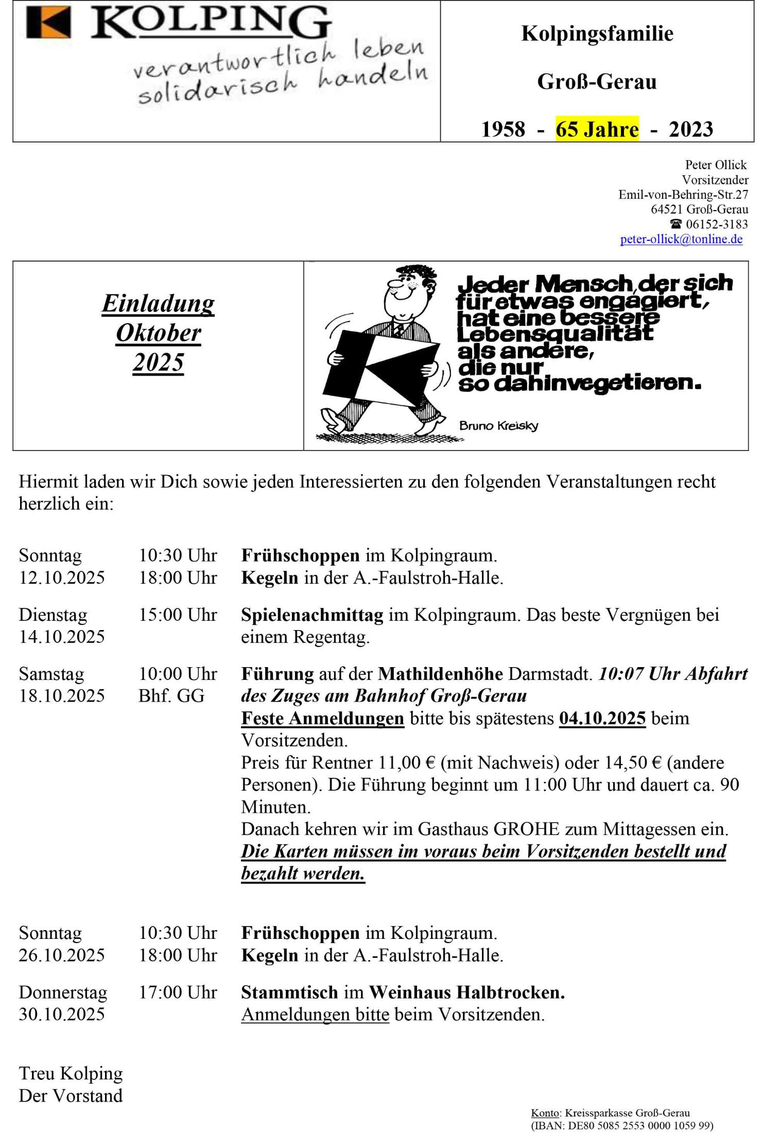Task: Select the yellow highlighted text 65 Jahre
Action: click(x=597, y=129)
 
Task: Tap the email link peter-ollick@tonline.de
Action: click(x=681, y=239)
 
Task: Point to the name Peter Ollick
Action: click(x=715, y=165)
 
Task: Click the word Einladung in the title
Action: click(x=158, y=303)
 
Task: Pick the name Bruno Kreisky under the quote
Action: click(x=498, y=426)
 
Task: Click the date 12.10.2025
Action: click(x=62, y=578)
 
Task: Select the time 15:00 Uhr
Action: click(x=178, y=615)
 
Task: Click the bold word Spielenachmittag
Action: click(x=312, y=615)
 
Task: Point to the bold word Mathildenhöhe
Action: click(x=440, y=674)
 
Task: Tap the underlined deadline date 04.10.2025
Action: click(x=602, y=718)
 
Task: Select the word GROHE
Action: click(x=526, y=829)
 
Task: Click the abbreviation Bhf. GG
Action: click(x=171, y=696)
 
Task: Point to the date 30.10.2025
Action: click(x=62, y=1014)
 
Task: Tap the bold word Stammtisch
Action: click(x=289, y=992)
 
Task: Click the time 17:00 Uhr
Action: click(x=178, y=992)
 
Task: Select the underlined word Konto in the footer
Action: click(x=545, y=1113)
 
